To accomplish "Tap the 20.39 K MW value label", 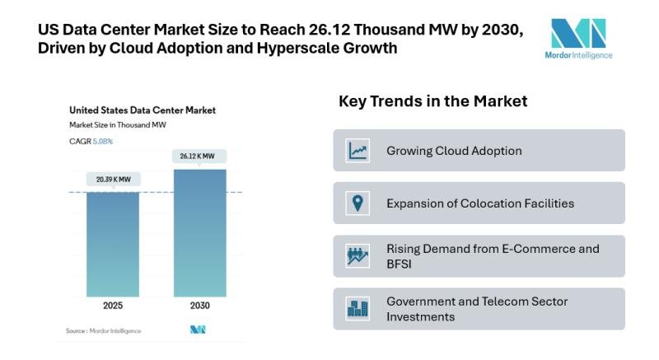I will [x=113, y=179].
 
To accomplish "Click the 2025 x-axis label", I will [x=113, y=306].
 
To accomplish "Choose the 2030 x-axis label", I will [x=200, y=306].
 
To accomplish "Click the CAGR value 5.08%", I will [x=102, y=142].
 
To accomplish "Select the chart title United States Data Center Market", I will [x=142, y=110].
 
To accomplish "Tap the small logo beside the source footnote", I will [x=198, y=330].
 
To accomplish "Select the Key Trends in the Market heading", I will [x=432, y=101].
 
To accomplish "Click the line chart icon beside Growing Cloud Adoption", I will [x=358, y=151].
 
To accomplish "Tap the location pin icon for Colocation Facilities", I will [x=358, y=203].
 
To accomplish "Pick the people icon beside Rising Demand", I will [x=358, y=256].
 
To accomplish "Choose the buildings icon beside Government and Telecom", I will [x=358, y=309].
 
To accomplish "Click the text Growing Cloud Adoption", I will [x=454, y=151].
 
